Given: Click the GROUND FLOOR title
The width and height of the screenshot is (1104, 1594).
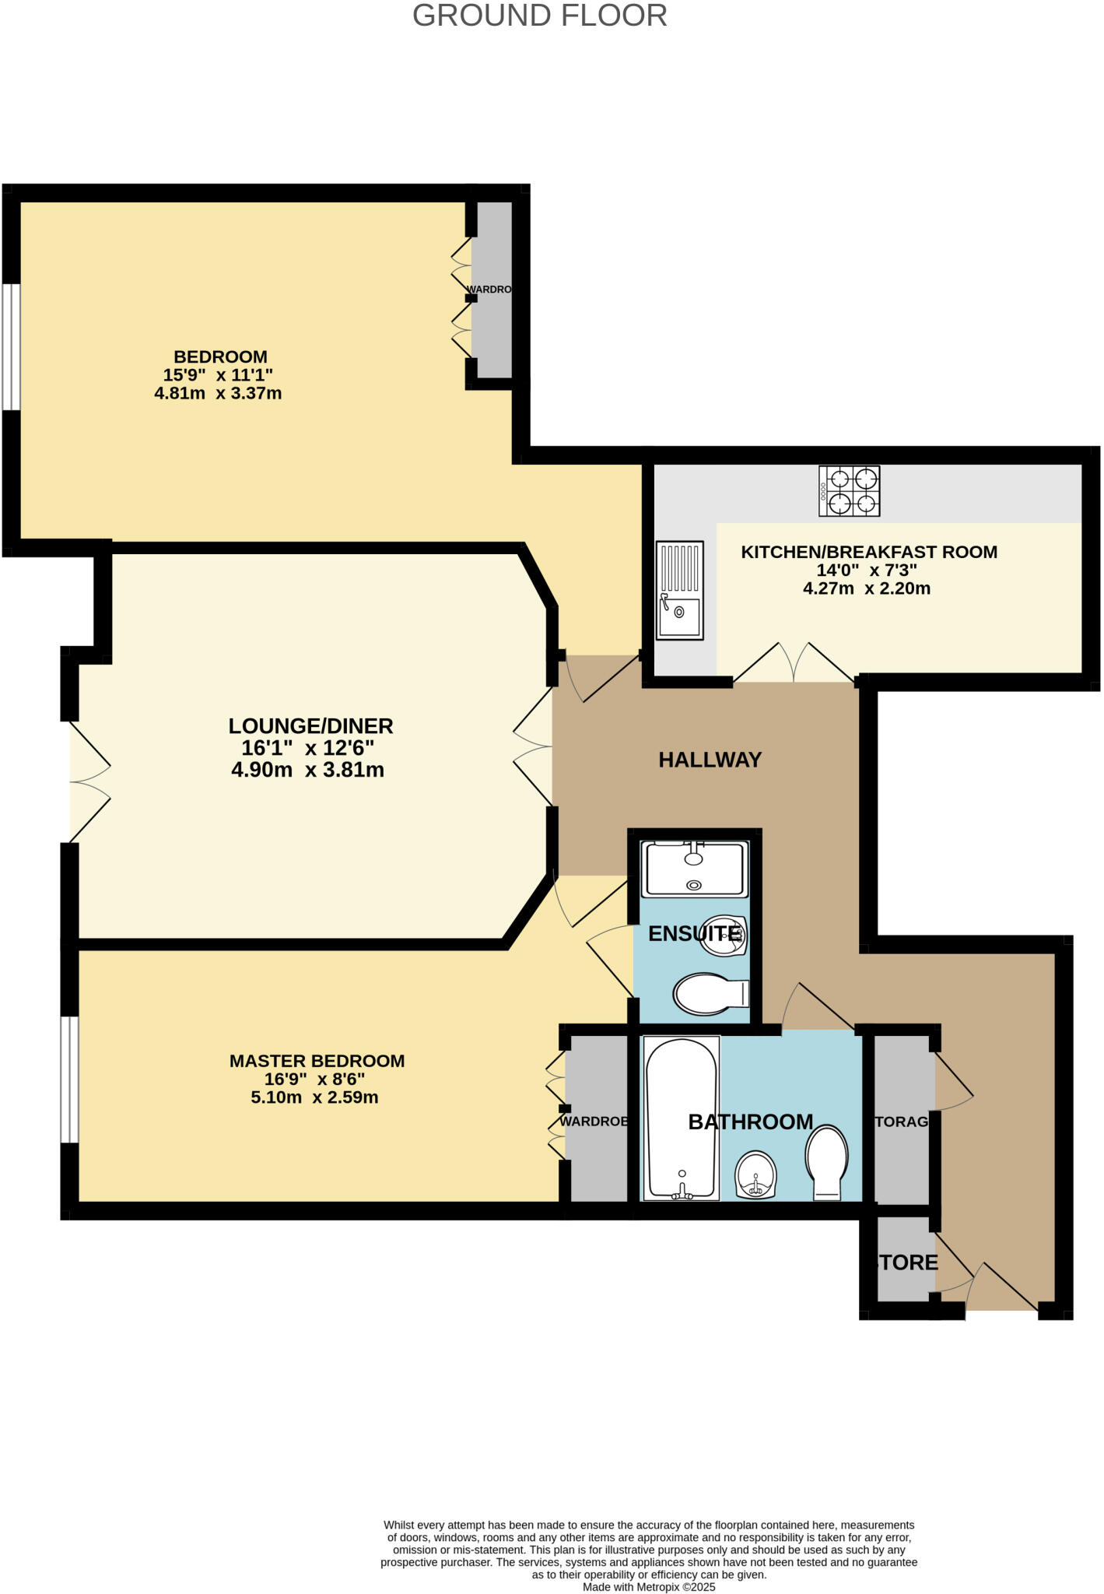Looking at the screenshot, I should point(539,16).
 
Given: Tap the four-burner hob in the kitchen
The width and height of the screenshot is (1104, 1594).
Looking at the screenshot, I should point(849,491).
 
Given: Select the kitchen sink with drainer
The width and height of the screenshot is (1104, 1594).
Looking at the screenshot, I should point(679,591).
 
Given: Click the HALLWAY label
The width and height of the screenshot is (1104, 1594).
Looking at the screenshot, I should point(710,760).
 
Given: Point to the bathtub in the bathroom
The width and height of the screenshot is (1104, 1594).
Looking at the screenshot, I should point(682,1118).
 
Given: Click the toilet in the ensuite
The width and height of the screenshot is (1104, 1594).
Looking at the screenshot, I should point(710,995).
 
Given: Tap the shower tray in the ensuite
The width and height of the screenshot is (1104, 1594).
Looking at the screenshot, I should point(693,868).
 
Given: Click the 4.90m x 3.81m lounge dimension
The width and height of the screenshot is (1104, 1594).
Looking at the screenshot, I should point(308,771).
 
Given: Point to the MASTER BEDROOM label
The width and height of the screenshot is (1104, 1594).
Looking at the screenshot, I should point(317,1061).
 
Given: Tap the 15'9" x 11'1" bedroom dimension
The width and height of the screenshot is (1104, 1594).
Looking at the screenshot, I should point(218,374).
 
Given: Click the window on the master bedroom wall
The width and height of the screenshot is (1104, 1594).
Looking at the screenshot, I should point(70,1080).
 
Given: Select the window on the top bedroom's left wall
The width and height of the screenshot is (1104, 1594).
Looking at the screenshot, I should point(11,346).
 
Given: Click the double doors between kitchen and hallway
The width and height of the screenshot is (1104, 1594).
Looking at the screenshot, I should point(794,664).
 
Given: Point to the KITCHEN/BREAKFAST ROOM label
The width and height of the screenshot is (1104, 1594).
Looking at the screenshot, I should point(868,552).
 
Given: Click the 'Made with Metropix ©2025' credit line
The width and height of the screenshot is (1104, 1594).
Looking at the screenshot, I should point(649,1587).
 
